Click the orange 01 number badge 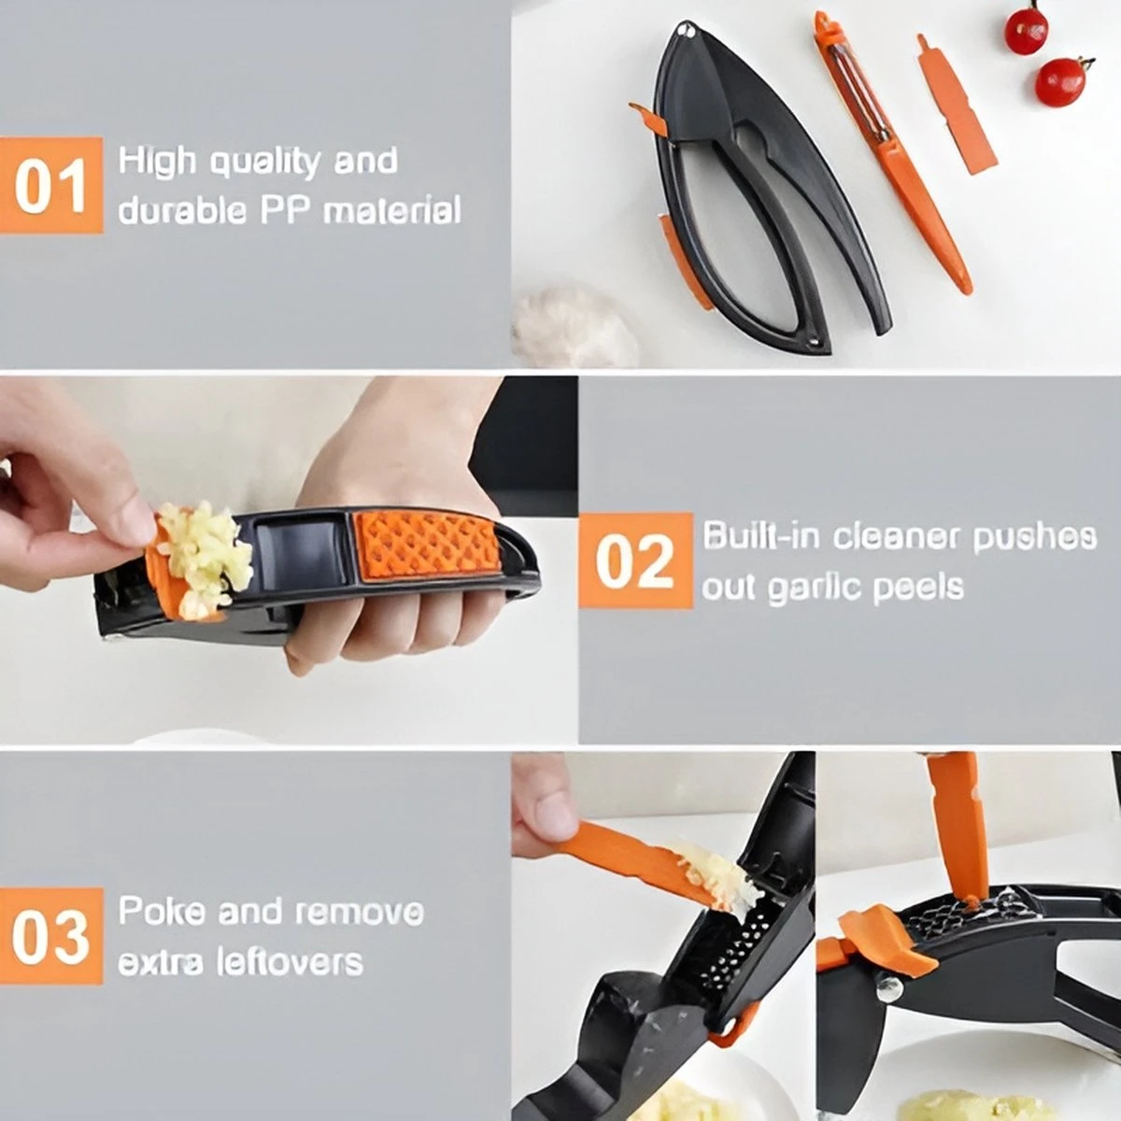[x=51, y=185]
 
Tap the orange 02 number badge [x=635, y=560]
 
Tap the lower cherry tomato [x=1061, y=80]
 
